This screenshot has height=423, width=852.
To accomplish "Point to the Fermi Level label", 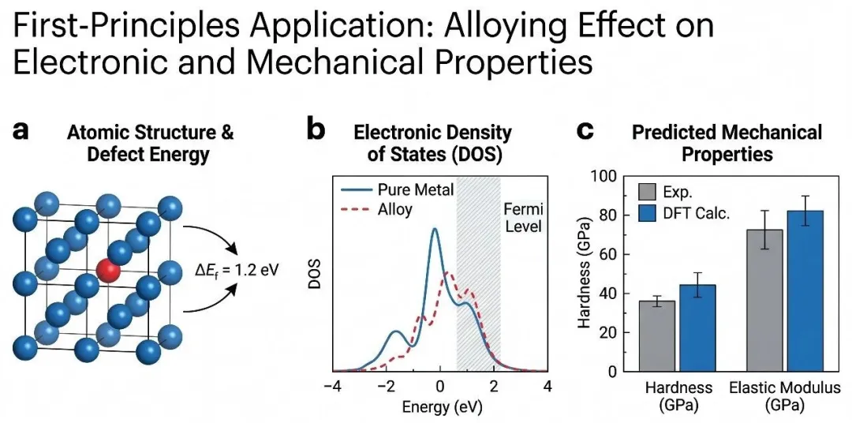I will click(x=524, y=218).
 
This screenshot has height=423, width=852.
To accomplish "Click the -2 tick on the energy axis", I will click(x=386, y=387).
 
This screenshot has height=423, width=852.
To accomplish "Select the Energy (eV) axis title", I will click(x=439, y=407).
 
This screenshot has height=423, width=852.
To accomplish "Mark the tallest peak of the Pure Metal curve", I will click(x=435, y=230).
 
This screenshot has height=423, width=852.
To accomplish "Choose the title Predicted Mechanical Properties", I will click(x=727, y=142).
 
